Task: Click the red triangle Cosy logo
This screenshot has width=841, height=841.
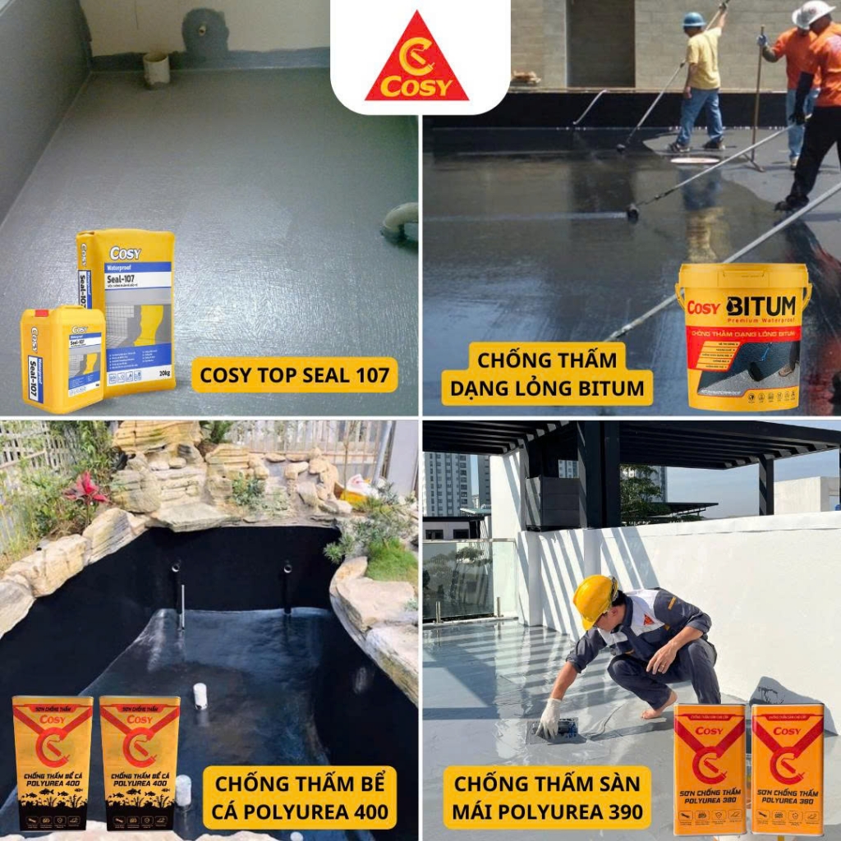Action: pyautogui.click(x=417, y=59)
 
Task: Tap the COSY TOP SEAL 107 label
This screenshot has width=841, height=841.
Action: pyautogui.click(x=295, y=375)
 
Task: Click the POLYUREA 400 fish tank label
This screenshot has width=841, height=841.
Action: pyautogui.click(x=300, y=797)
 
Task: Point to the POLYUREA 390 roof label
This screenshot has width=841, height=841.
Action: pyautogui.click(x=547, y=797)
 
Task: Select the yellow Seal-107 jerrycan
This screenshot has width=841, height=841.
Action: pyautogui.click(x=62, y=358)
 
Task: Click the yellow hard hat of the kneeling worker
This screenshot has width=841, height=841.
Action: pyautogui.click(x=595, y=597)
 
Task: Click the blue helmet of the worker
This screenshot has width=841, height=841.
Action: pyautogui.click(x=694, y=19)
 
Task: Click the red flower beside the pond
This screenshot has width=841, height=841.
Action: pyautogui.click(x=85, y=488)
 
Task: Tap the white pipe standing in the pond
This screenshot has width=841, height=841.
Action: pyautogui.click(x=200, y=696)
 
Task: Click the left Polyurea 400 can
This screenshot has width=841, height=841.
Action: pyautogui.click(x=52, y=762)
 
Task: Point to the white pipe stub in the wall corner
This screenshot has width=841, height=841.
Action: pyautogui.click(x=156, y=69)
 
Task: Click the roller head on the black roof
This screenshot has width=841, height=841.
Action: pyautogui.click(x=632, y=213)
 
